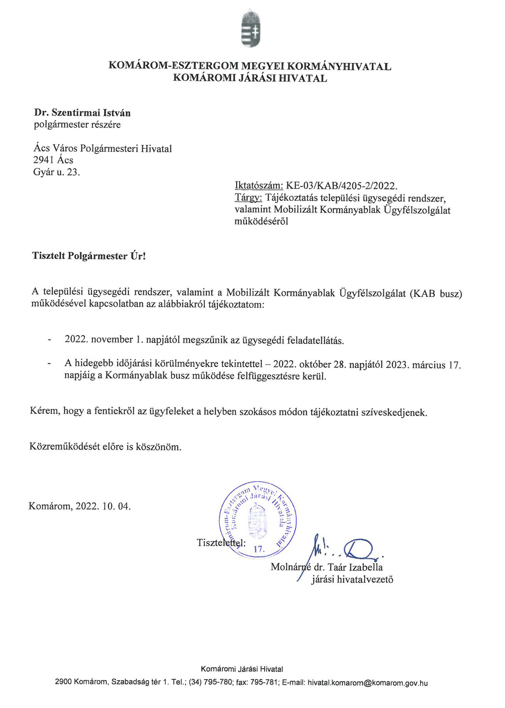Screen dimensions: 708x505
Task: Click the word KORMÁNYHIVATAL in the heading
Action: click(x=338, y=66)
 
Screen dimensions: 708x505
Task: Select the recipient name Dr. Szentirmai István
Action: click(x=82, y=113)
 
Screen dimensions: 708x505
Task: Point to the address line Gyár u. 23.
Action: click(x=57, y=172)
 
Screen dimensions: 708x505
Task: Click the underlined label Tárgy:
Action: click(x=249, y=198)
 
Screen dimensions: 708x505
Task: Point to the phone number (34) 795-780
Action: click(x=211, y=683)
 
